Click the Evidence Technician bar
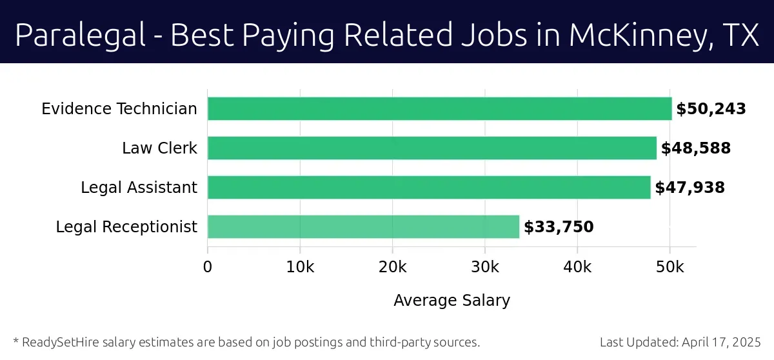[x=439, y=109]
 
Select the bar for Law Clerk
[x=432, y=148]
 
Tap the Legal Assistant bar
[x=429, y=188]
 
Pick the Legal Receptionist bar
[x=363, y=227]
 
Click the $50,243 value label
[x=711, y=109]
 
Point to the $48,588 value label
[x=695, y=148]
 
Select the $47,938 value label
[x=690, y=188]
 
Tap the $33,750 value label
[x=559, y=227]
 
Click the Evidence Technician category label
[x=119, y=109]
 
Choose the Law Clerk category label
[x=159, y=148]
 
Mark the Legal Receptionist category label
[x=126, y=227]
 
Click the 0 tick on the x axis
[x=208, y=266]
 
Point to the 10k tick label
[x=300, y=266]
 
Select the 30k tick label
[x=485, y=266]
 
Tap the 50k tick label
[x=670, y=266]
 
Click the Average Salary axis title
[x=451, y=301]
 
